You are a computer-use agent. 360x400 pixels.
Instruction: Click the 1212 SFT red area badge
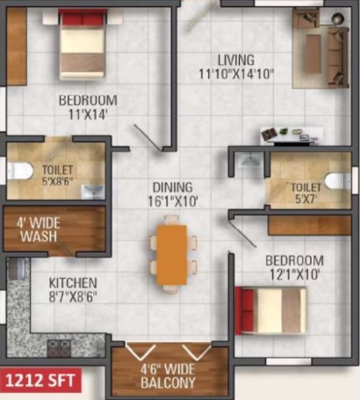[x=40, y=381]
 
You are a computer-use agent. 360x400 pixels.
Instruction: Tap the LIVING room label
[x=236, y=60]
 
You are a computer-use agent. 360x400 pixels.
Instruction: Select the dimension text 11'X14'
[x=87, y=114]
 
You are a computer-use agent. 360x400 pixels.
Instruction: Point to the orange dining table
[x=172, y=255]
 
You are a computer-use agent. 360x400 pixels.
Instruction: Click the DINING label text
[x=173, y=187]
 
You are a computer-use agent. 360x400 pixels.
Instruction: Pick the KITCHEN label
[x=73, y=283]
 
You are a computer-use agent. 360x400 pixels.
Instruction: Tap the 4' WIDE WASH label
[x=39, y=229]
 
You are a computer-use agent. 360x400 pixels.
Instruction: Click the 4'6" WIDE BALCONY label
[x=168, y=376]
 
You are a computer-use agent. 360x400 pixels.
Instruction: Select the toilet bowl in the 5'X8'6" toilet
[x=20, y=171]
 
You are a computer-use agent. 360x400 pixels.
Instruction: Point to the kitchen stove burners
[x=60, y=347]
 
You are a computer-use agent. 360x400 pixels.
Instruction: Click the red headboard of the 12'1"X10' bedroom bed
[x=245, y=311]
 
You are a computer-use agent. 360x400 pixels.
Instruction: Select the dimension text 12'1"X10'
[x=294, y=275]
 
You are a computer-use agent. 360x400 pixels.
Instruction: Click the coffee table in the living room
[x=313, y=53]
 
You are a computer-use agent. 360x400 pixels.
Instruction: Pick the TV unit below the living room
[x=292, y=136]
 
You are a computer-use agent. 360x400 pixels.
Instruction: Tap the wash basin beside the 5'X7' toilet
[x=249, y=161]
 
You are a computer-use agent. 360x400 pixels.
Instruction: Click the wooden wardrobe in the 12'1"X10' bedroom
[x=310, y=225]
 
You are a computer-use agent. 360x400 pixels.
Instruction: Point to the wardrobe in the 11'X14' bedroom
[x=17, y=47]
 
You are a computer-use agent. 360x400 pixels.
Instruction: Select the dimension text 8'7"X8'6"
[x=73, y=296]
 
